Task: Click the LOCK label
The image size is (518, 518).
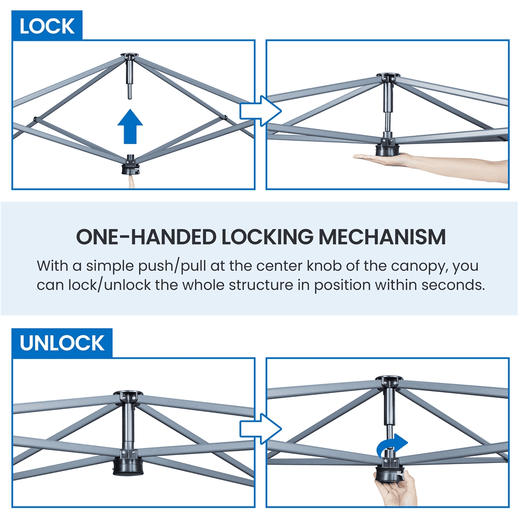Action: pos(47,26)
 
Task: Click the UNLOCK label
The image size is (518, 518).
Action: pos(62,343)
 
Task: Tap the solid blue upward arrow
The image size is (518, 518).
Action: pos(130,126)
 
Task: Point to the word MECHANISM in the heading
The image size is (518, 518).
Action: pos(382,237)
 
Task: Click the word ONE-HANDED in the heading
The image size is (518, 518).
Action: pos(146,237)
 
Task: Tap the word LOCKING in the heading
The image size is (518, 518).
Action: pos(267,237)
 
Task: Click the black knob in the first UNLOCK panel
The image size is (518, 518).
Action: pos(128,463)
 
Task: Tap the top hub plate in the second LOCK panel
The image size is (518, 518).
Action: pos(388,76)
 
